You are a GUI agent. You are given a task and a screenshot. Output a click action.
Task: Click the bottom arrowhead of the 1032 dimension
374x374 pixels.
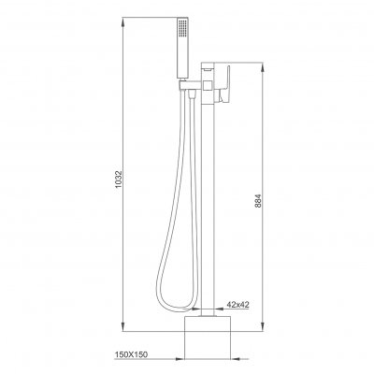pyautogui.click(x=124, y=326)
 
